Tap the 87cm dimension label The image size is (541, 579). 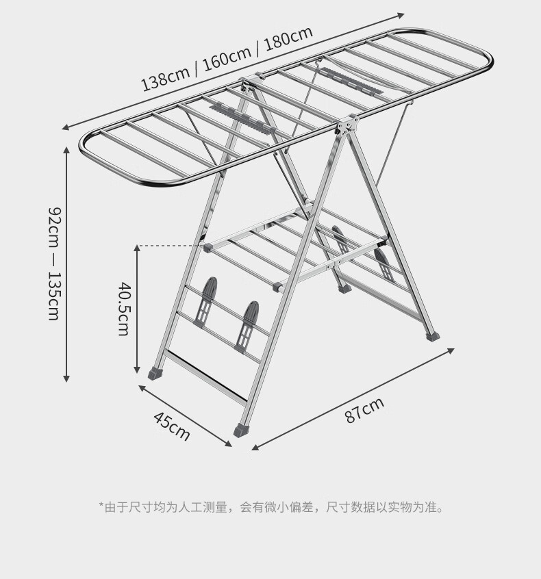[x=365, y=409]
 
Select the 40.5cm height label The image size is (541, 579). [x=124, y=309]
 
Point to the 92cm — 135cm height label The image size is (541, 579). [x=54, y=263]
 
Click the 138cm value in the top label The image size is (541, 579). [x=166, y=78]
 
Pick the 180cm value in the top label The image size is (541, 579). [x=289, y=38]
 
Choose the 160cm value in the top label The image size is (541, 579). [x=227, y=58]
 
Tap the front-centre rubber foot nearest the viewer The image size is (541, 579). [x=241, y=430]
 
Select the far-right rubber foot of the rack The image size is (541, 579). [x=433, y=335]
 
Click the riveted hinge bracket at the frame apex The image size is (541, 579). [x=347, y=125]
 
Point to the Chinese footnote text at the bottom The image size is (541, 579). [x=271, y=507]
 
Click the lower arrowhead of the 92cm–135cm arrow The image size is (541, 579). [x=66, y=378]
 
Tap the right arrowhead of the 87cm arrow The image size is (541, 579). [x=451, y=350]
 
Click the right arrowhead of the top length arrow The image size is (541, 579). [x=401, y=15]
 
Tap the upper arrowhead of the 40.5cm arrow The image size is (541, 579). [x=137, y=248]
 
